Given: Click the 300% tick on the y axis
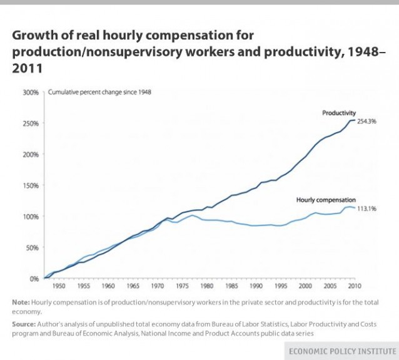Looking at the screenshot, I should (x=31, y=93).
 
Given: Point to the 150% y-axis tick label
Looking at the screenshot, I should (x=31, y=185).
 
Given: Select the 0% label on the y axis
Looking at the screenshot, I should (x=34, y=278).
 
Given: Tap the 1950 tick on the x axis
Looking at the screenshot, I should (x=58, y=286).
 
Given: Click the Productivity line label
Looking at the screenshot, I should (x=339, y=113).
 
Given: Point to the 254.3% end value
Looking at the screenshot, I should (x=366, y=121).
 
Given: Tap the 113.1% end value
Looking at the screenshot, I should (x=366, y=208).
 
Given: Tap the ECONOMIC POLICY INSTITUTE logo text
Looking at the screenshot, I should (x=340, y=351).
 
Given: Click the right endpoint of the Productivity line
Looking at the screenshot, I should (x=355, y=120).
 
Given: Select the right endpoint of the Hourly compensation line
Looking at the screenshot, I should (x=355, y=207).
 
